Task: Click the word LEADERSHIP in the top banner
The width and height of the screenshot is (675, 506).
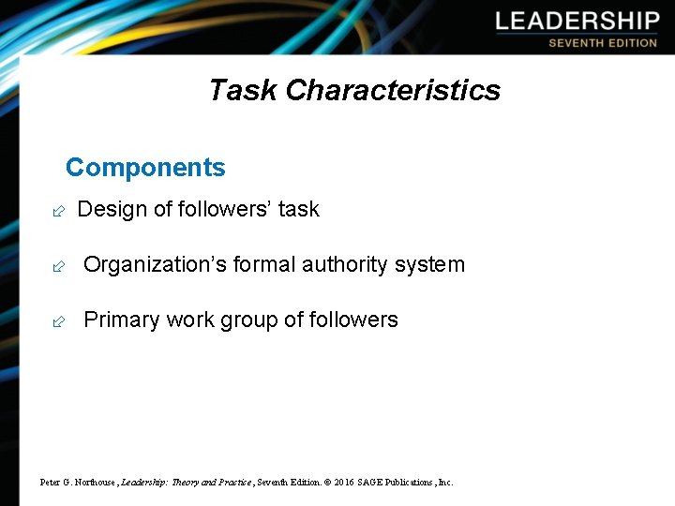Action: [577, 22]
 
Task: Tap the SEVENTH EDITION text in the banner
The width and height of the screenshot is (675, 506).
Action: [603, 43]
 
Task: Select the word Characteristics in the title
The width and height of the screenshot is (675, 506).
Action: [393, 90]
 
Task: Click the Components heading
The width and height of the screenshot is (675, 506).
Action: [145, 168]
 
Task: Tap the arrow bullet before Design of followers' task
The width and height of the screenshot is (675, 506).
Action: [58, 211]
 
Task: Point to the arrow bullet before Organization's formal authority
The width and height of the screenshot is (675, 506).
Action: [58, 266]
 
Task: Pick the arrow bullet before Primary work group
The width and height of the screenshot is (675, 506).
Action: [58, 321]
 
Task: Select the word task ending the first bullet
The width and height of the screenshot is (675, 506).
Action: [299, 209]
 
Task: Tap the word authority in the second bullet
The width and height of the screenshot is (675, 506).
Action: [346, 265]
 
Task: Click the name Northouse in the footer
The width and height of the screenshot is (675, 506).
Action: [94, 483]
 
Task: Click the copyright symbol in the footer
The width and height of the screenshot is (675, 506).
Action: [327, 483]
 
